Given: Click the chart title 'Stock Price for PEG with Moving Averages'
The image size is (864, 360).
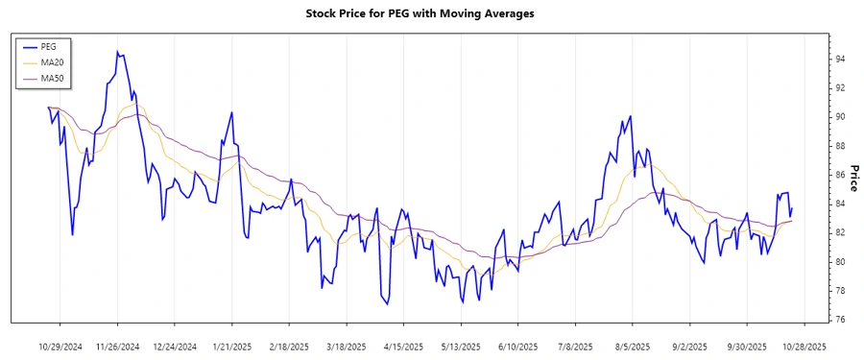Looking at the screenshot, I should click(x=432, y=13).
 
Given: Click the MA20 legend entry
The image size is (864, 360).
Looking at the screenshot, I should click(x=52, y=62).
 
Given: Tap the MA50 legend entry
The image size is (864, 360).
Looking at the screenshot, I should click(x=52, y=78).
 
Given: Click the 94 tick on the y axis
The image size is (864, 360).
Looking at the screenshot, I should click(x=840, y=60).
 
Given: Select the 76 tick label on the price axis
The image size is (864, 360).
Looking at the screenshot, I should click(x=840, y=320).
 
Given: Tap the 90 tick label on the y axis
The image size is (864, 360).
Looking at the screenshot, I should click(x=840, y=117).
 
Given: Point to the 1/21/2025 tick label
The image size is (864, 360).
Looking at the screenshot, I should click(x=231, y=346).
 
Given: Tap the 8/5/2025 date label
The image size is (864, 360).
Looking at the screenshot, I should click(x=632, y=346).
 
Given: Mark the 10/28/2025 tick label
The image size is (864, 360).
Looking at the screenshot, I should click(x=803, y=346).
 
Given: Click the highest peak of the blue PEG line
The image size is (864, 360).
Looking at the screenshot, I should click(x=117, y=52).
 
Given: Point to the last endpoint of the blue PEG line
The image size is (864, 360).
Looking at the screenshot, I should click(x=792, y=208).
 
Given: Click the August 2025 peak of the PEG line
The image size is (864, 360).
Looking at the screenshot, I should click(x=630, y=116).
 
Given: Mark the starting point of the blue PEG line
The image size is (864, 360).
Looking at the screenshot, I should click(x=48, y=108).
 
